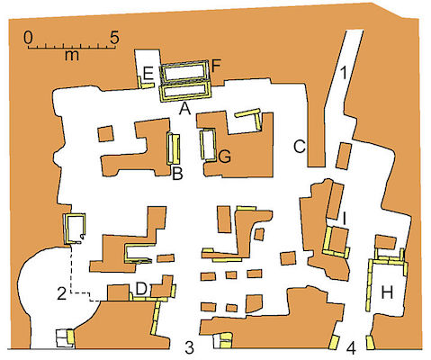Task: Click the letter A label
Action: click(184, 110)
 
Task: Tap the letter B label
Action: click(177, 174)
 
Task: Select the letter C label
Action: click(300, 147)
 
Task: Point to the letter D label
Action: click(141, 289)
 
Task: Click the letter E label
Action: click(148, 73)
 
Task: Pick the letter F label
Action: click(216, 66)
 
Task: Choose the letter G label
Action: click(225, 157)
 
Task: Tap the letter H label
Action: click(387, 292)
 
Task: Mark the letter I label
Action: click(345, 219)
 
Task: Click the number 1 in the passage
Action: click(344, 73)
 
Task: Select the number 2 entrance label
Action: click(61, 294)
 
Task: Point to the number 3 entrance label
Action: click(190, 348)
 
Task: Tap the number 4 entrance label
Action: click(351, 348)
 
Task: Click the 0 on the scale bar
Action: click(29, 37)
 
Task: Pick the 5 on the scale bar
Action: click(114, 37)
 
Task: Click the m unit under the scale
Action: click(72, 56)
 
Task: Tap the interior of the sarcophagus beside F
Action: click(184, 73)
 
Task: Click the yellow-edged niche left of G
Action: click(209, 145)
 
